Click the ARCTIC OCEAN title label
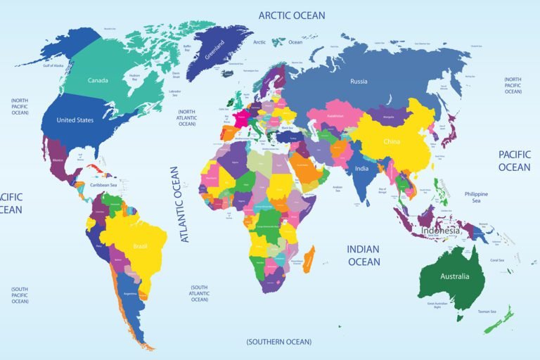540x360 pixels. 292,15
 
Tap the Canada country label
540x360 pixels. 98,80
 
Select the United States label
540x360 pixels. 75,120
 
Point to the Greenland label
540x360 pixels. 215,49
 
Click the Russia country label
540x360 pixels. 359,82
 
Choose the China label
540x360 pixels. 392,141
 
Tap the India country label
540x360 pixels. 361,169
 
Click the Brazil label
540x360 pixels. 139,247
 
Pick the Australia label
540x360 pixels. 454,276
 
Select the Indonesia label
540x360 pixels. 440,231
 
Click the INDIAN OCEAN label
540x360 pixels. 364,255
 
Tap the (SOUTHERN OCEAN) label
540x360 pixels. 278,342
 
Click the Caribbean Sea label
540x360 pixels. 104,185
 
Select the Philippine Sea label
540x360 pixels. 476,197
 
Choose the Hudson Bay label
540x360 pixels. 134,76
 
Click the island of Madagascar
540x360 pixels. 308,259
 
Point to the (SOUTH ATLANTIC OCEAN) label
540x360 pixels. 199,293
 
